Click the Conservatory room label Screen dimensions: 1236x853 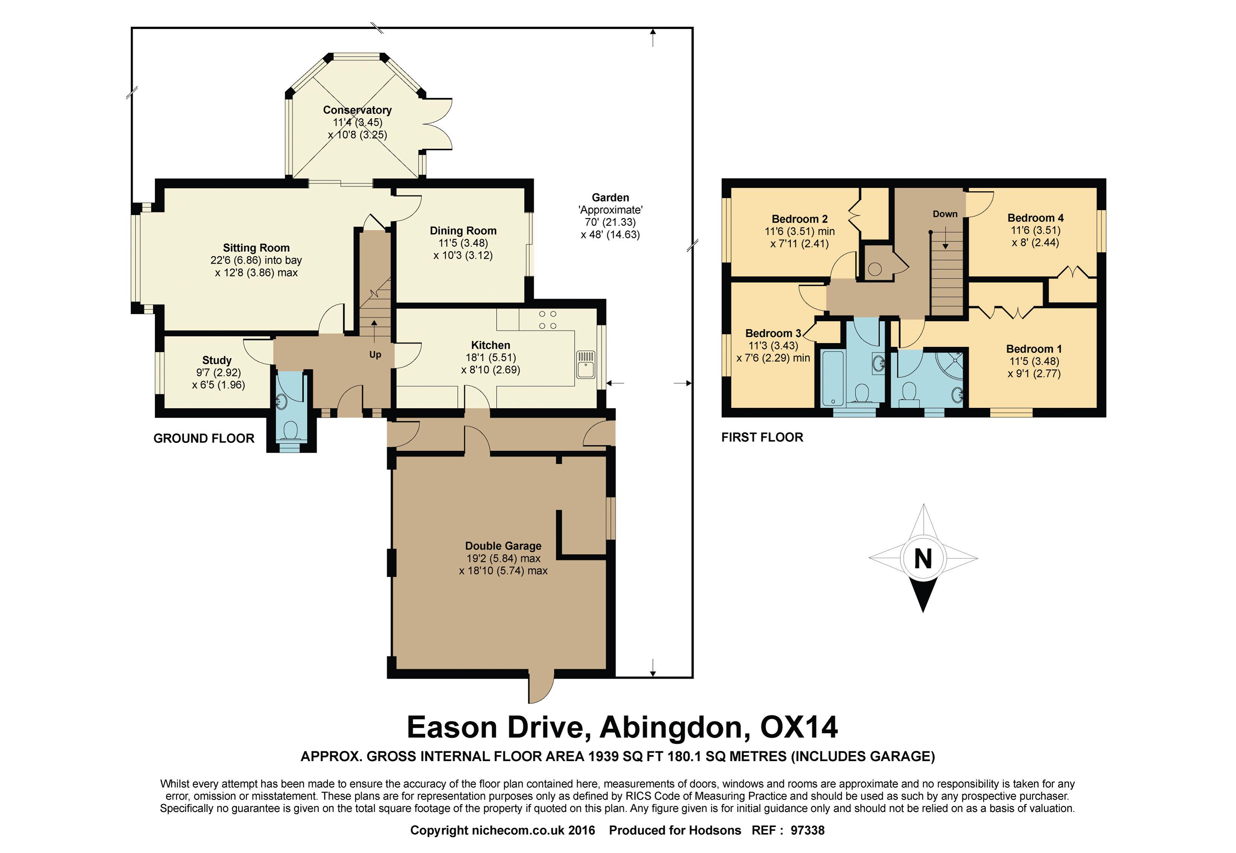point(357,110)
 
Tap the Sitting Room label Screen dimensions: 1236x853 point(256,248)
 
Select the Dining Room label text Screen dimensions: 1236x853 point(463,231)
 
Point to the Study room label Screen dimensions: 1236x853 point(217,360)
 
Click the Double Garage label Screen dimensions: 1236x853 point(503,546)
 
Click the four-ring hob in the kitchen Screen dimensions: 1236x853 point(547,320)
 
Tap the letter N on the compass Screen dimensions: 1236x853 point(923,558)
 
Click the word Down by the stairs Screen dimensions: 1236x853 point(945,214)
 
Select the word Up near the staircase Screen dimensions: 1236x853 point(375,355)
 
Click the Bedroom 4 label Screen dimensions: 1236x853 point(1036,218)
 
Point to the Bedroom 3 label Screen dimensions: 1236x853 point(773,334)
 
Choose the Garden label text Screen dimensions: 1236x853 point(610,198)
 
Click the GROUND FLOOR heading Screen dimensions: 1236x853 point(204,438)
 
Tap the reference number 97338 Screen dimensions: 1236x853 point(808,830)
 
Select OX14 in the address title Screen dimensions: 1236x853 point(799,727)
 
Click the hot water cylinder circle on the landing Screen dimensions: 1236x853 point(875,269)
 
